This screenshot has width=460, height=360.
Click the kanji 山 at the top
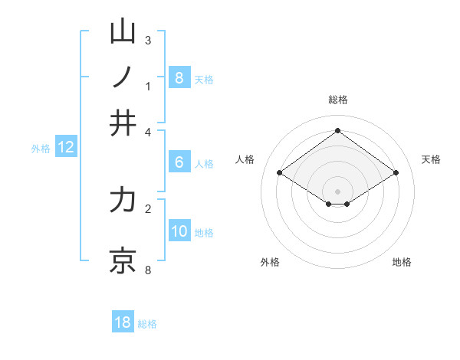coord(123,32)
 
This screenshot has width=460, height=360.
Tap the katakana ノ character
coord(123,77)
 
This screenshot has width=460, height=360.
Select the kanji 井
coord(123,123)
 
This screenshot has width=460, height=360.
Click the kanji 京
coord(123,259)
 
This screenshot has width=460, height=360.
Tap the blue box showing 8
coord(179,77)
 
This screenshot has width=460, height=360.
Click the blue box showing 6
coord(179,162)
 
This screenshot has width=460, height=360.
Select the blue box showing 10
coord(179,232)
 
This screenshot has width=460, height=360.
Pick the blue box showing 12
coord(66,148)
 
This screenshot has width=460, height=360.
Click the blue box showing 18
coord(123,322)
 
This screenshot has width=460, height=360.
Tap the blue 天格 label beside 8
coord(204,79)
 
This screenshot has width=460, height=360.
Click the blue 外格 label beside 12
coord(40,149)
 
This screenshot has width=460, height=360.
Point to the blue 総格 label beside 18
coord(147,324)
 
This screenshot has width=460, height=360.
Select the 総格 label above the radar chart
coord(337,100)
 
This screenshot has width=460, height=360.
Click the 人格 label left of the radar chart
coord(245,159)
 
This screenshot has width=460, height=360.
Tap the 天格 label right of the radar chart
coord(431,159)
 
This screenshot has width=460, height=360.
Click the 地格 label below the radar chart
coord(402,262)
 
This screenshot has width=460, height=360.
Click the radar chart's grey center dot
coord(337,191)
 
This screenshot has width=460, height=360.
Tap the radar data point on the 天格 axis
coord(396,173)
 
